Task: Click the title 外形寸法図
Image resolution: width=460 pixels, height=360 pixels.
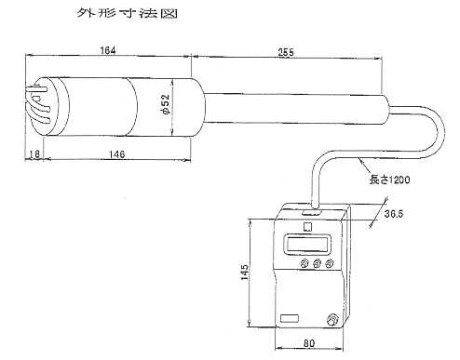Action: tap(127, 13)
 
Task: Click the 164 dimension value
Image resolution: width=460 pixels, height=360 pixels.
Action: tap(108, 50)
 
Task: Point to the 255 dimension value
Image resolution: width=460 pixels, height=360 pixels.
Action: tap(286, 52)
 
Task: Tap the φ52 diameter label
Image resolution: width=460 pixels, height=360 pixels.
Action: tap(166, 104)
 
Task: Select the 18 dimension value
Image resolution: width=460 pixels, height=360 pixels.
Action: tap(34, 154)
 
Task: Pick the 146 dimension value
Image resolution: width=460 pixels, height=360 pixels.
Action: tap(116, 154)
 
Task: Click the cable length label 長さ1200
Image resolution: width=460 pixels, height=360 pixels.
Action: tap(389, 180)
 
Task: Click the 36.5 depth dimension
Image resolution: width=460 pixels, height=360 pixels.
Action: tap(394, 214)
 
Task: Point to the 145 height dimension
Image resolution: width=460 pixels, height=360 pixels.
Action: tap(245, 272)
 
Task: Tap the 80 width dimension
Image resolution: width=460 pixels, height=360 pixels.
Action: tap(309, 343)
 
